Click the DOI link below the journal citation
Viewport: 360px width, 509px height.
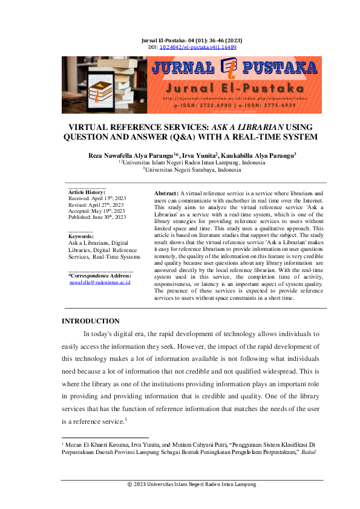coord(197,47)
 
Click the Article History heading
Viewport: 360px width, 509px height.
coord(87,192)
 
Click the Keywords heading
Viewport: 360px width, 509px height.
coord(81,236)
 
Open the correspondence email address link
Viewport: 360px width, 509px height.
coord(100,282)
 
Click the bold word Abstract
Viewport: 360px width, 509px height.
coord(166,192)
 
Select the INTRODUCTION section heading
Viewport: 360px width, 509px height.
coord(91,321)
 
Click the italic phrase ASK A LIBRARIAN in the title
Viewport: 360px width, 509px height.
coord(250,128)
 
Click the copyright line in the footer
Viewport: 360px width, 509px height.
coord(192,484)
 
